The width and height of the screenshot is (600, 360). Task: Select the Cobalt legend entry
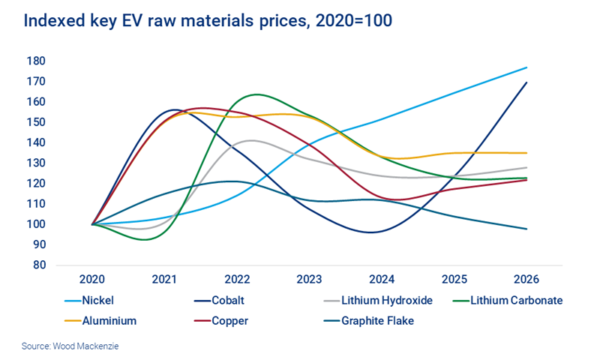click(x=217, y=300)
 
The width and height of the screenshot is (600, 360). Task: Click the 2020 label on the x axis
click(x=92, y=278)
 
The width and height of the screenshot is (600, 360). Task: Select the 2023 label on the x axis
click(x=310, y=278)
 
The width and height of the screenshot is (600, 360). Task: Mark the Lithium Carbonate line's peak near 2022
click(x=256, y=94)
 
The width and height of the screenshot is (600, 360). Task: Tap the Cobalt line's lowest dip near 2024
click(x=371, y=232)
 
